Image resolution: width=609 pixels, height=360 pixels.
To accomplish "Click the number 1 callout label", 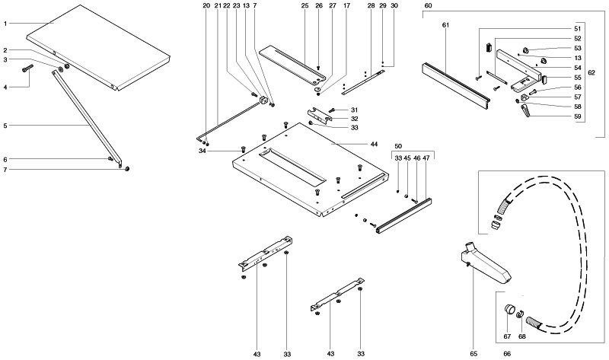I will pyautogui.click(x=5, y=24).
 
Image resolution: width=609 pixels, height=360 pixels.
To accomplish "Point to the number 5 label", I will pyautogui.click(x=5, y=124).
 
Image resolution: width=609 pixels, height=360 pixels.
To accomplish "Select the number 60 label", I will pyautogui.click(x=428, y=6).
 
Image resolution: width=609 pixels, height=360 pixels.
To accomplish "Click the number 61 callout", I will pyautogui.click(x=446, y=27).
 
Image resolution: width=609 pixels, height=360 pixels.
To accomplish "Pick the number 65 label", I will pyautogui.click(x=473, y=354).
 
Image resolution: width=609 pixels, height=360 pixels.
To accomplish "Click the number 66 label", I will pyautogui.click(x=507, y=354).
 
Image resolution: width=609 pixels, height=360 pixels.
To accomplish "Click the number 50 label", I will pyautogui.click(x=397, y=145).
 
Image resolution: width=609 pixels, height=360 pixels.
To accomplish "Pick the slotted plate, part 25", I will pyautogui.click(x=293, y=64).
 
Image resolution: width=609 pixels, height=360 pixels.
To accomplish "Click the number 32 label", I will pyautogui.click(x=355, y=119).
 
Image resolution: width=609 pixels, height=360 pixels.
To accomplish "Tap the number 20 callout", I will pyautogui.click(x=206, y=6).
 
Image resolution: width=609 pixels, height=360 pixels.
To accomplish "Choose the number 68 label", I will pyautogui.click(x=522, y=336).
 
